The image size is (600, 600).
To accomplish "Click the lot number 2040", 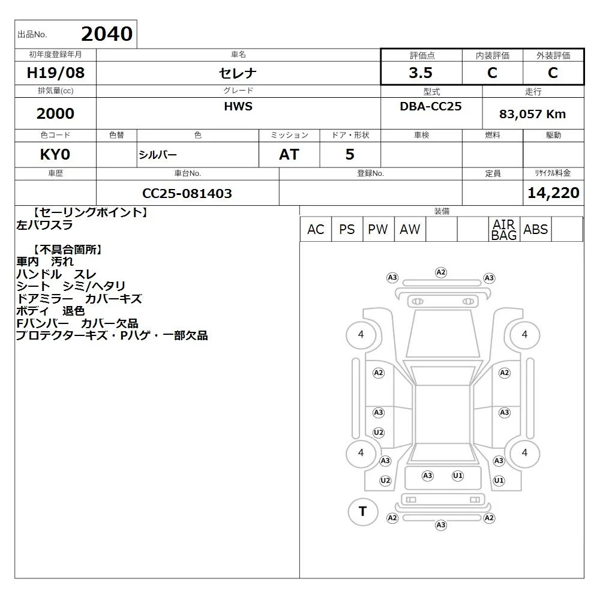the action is click(x=107, y=34).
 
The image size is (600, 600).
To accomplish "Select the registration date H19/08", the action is click(x=55, y=73).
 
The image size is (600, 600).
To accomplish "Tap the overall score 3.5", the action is click(x=421, y=73).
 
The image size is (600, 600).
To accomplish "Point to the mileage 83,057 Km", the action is click(x=532, y=114).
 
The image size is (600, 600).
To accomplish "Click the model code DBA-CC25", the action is click(x=430, y=106).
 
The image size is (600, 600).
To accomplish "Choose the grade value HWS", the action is click(x=238, y=106).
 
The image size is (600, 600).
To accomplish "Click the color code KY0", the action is click(x=55, y=155).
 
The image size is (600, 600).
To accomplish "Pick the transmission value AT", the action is click(x=289, y=155).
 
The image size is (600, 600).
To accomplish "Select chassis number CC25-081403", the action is click(x=187, y=193).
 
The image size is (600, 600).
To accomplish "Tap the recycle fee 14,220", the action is click(x=553, y=193).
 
